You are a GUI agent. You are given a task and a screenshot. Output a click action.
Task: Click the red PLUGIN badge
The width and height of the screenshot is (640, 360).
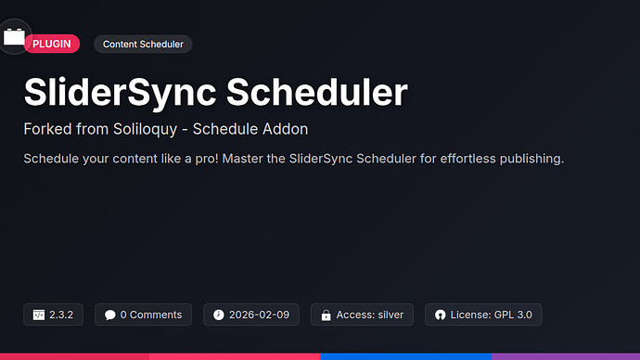point(52,44)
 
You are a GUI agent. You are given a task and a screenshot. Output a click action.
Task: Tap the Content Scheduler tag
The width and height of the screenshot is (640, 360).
point(143,44)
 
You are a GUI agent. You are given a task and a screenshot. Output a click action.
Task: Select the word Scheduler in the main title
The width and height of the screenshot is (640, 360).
point(317,93)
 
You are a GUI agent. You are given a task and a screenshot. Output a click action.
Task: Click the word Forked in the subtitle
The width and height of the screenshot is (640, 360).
point(46,129)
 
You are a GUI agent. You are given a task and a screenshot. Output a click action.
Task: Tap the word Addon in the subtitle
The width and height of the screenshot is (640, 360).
point(284,129)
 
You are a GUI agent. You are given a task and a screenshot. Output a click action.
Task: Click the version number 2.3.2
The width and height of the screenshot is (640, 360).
point(63,315)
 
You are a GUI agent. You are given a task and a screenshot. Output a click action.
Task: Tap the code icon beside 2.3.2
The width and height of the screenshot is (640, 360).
point(39,315)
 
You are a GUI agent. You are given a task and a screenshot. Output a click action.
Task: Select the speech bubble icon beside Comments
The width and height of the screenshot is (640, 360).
point(110,315)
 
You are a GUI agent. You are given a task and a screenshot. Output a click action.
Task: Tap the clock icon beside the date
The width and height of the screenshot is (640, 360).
point(219,315)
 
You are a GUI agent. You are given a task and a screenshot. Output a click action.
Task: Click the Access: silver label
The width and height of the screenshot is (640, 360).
point(370,315)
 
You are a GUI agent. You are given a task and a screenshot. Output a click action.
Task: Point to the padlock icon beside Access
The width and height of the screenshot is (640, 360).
point(326,315)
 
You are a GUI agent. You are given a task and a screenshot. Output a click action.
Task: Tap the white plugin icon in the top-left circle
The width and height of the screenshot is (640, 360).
point(15,37)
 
